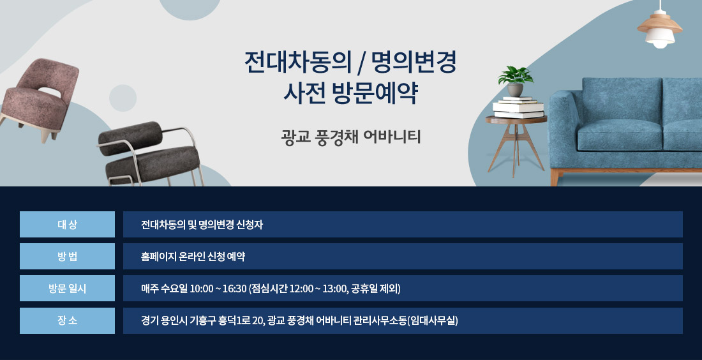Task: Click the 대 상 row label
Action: click(x=67, y=224)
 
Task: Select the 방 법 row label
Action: click(x=67, y=257)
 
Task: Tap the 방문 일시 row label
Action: click(x=67, y=289)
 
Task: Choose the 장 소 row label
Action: click(x=67, y=320)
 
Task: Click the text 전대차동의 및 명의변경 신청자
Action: click(x=202, y=225)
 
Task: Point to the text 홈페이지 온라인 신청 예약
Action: click(x=193, y=257)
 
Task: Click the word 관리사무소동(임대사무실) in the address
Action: click(x=406, y=320)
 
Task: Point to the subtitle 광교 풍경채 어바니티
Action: click(x=351, y=137)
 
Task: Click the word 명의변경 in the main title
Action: click(x=412, y=63)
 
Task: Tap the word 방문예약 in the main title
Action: click(x=375, y=93)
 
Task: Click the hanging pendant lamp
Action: click(x=660, y=27)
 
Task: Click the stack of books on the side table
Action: click(x=518, y=107)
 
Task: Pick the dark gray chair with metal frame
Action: click(x=150, y=154)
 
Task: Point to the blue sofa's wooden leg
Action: click(x=554, y=177)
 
